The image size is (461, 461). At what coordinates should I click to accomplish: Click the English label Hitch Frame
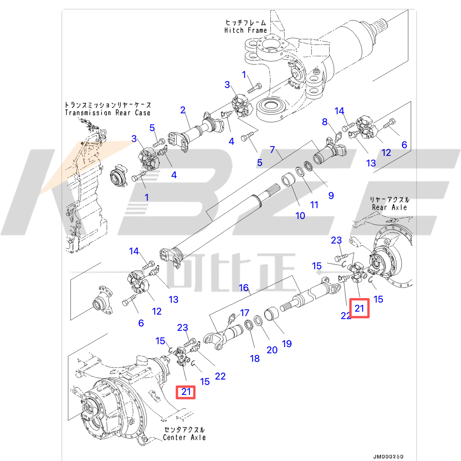point(245,30)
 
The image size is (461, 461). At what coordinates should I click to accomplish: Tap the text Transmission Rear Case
point(108,113)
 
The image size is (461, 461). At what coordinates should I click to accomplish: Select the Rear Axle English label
point(389,207)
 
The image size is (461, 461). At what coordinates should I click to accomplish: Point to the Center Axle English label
point(184,437)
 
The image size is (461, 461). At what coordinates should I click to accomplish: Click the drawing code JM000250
point(388,456)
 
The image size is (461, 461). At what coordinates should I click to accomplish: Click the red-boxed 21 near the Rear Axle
point(359,308)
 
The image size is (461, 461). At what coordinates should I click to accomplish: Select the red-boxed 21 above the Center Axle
point(186,392)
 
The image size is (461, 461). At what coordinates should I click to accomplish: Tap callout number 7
point(272,149)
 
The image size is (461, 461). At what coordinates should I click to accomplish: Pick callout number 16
point(244,287)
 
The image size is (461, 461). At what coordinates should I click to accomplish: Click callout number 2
point(183,110)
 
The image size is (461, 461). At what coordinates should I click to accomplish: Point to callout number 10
point(300,216)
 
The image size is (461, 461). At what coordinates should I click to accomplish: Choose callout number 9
point(331,196)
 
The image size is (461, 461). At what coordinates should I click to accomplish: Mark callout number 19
point(287,343)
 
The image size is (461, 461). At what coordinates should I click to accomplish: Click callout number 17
point(245,313)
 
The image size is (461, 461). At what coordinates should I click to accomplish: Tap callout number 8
point(325,122)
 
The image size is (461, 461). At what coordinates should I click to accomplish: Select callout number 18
point(255,358)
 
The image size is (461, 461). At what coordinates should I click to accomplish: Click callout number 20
point(272,350)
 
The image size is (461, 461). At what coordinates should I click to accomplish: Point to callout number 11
point(314,205)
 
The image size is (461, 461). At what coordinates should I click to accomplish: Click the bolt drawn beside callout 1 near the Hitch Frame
point(255,88)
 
